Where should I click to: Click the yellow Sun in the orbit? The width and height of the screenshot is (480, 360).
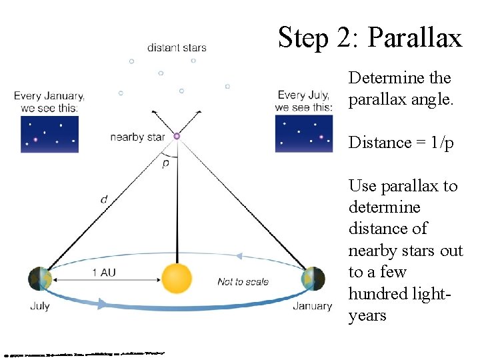(177, 279)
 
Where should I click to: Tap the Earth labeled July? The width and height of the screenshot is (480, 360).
(40, 279)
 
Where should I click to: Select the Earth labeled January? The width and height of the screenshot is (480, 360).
(313, 279)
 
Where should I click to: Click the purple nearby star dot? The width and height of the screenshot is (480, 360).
(177, 136)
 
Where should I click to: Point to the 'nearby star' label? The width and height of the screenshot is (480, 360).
(137, 137)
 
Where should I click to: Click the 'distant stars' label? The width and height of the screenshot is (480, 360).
(177, 47)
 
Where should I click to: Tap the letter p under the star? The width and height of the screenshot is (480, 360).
(165, 163)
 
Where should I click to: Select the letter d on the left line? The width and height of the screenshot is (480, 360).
(104, 199)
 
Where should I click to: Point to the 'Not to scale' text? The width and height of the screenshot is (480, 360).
(243, 282)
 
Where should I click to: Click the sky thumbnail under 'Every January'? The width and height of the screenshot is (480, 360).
(49, 134)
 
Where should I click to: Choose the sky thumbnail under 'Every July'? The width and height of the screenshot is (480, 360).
(303, 134)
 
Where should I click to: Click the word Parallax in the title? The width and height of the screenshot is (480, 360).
(414, 37)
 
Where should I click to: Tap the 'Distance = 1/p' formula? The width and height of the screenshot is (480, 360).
(401, 143)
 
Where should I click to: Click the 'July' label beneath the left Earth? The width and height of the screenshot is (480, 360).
(40, 307)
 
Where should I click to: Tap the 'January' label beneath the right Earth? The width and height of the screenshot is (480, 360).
(312, 306)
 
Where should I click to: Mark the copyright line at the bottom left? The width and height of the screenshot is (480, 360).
(83, 352)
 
